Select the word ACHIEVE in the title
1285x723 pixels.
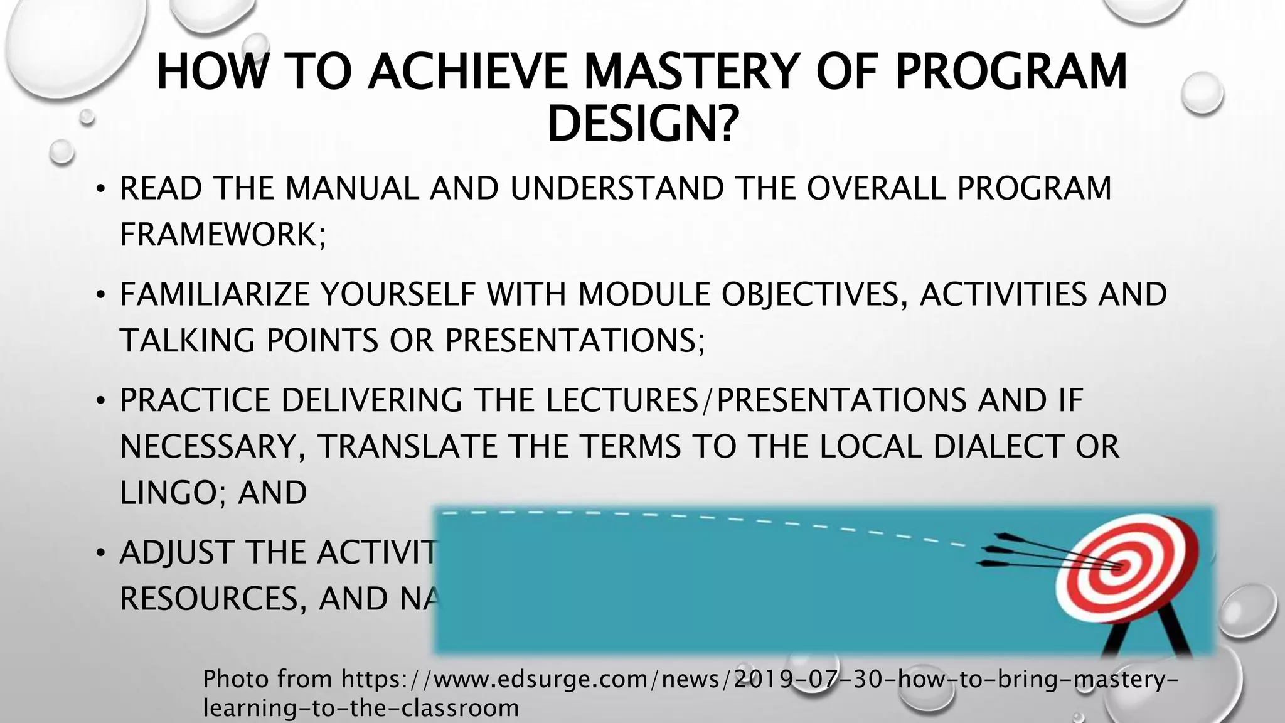[469, 72]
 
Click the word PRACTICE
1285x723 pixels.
[195, 400]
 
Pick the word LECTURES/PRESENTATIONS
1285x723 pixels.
[756, 400]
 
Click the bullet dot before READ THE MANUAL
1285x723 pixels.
[100, 190]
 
